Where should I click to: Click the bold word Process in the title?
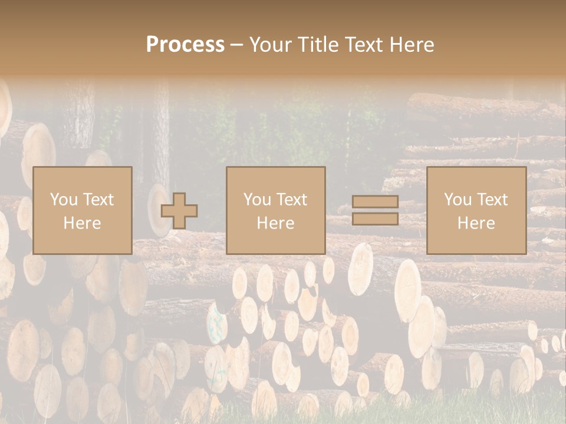(x=185, y=45)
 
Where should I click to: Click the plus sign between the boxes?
(x=179, y=211)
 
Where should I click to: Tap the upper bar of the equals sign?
(x=375, y=202)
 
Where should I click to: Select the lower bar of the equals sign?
(x=375, y=219)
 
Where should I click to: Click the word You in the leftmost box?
(x=64, y=200)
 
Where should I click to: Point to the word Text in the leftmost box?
(x=98, y=200)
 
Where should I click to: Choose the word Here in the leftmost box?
(x=82, y=223)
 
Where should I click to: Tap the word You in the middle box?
(x=257, y=200)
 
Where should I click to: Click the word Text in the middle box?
(x=291, y=200)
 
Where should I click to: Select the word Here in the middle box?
(x=275, y=223)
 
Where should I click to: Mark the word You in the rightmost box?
(x=458, y=200)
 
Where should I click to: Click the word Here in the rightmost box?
(x=476, y=223)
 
